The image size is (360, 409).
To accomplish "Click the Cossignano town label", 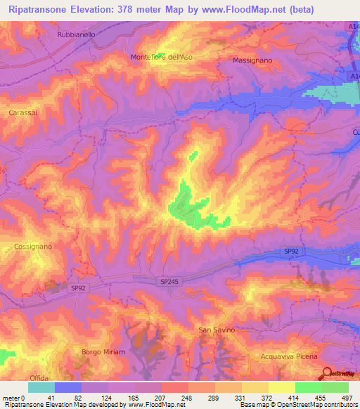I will [x=34, y=247].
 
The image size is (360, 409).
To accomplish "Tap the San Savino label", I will [x=214, y=330].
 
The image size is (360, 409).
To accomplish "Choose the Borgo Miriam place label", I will [x=103, y=351].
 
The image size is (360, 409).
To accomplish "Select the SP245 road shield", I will [x=167, y=280].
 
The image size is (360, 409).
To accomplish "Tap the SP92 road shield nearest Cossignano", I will [x=78, y=288].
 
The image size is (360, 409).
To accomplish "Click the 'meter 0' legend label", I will [x=13, y=398].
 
